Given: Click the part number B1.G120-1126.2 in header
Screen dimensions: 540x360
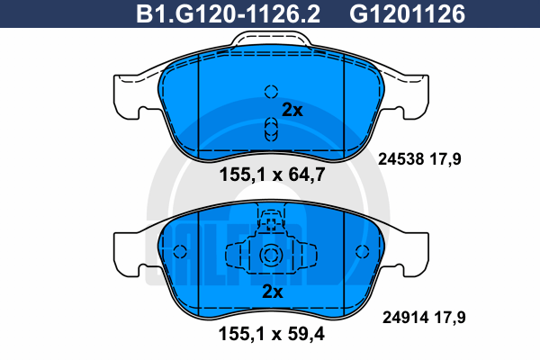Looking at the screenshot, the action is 228,13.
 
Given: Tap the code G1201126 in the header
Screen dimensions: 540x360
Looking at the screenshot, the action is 407,13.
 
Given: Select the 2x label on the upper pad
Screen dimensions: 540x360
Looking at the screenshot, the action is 292,110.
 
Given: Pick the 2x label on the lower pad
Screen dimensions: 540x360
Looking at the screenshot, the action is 273,292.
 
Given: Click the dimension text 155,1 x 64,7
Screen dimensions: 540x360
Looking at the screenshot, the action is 272,175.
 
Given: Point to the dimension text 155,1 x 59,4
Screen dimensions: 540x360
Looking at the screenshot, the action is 272,334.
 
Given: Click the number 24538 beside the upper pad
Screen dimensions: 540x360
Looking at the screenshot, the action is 400,159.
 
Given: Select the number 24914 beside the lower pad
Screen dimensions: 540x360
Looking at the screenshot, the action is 405,318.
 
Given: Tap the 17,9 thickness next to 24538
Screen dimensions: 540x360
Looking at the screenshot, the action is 445,159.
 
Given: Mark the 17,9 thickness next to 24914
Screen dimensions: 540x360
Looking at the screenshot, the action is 450,318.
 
